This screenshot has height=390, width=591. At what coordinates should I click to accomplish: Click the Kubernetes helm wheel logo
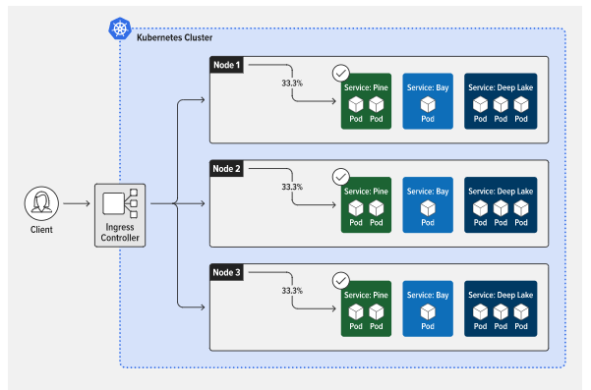(x=120, y=28)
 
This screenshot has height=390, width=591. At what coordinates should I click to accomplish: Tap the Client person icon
(x=41, y=203)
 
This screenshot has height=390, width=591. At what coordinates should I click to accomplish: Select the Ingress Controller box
(x=120, y=215)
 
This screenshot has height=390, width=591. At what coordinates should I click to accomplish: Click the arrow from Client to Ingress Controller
(x=77, y=203)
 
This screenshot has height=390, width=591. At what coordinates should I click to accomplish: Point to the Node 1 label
(x=226, y=65)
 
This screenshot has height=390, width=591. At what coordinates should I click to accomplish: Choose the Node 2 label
(x=226, y=169)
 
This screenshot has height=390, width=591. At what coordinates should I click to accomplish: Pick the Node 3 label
(x=226, y=272)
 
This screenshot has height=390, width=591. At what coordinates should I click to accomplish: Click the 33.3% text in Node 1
(x=292, y=84)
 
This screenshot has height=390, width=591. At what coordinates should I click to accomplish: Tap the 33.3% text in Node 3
(x=292, y=291)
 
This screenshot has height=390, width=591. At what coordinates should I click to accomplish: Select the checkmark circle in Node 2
(x=340, y=177)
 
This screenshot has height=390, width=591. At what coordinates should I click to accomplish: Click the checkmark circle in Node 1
(x=340, y=73)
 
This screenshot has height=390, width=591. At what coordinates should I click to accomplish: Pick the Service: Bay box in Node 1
(x=428, y=101)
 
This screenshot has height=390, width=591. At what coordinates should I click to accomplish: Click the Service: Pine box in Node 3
(x=366, y=308)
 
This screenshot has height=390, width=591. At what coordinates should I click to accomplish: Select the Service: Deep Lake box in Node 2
(x=501, y=204)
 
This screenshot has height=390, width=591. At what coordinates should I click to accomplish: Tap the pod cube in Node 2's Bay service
(x=428, y=208)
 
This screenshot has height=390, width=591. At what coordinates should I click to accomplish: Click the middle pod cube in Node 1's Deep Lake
(x=501, y=104)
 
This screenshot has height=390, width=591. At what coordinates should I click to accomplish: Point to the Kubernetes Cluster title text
(x=174, y=37)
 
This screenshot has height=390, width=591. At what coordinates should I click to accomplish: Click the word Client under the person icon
(x=41, y=229)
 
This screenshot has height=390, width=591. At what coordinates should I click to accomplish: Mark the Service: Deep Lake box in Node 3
(x=501, y=308)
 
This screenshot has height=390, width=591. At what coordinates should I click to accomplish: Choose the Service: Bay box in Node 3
(x=428, y=308)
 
